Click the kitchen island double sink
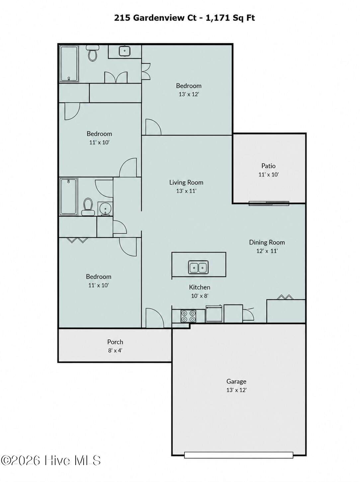[x=198, y=267]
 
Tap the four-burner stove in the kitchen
[x=188, y=316]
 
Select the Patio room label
[x=268, y=166]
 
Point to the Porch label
[x=115, y=342]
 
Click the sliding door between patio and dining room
[x=269, y=203]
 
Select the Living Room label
[x=186, y=182]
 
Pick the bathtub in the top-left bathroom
[x=69, y=64]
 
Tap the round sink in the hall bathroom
[x=105, y=208]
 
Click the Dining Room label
[x=267, y=242]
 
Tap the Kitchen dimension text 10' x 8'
[x=200, y=296]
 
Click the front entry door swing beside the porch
[x=154, y=318]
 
